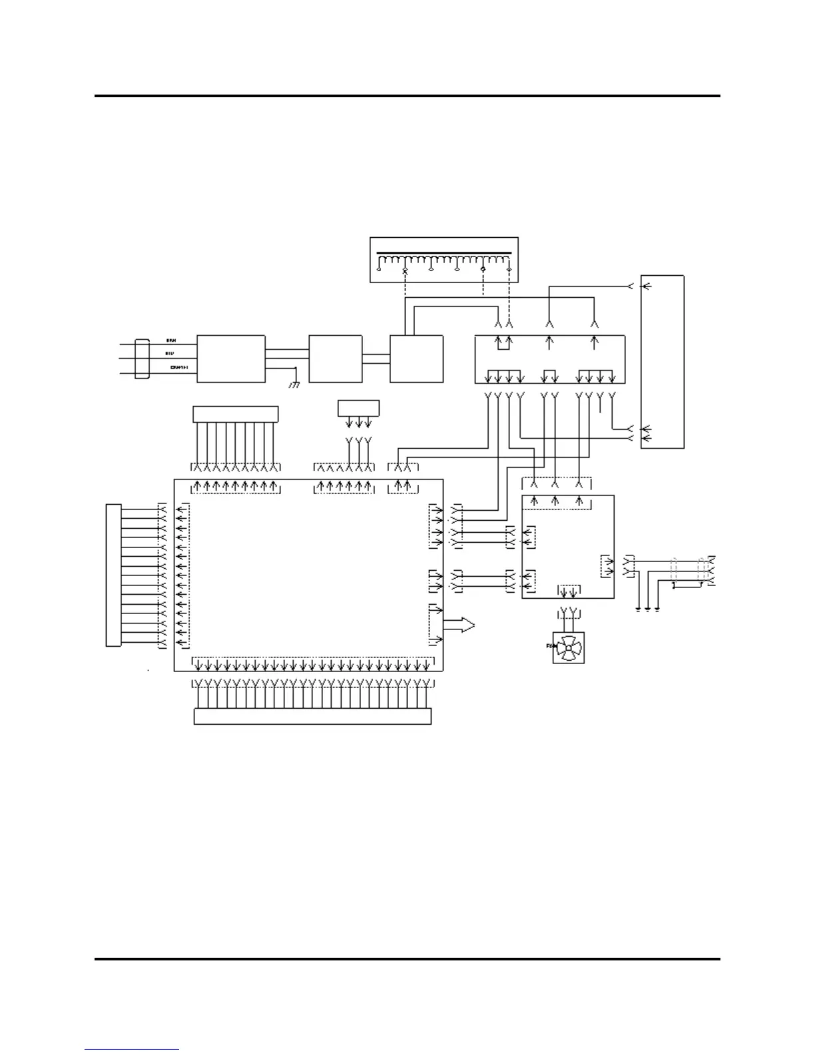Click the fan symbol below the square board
pos(568,647)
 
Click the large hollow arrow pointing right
pos(459,625)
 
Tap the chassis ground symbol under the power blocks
pos(294,384)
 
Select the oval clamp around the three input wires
pos(142,359)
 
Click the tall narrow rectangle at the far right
pos(662,361)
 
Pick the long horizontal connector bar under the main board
pos(312,717)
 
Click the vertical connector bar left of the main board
pos(113,575)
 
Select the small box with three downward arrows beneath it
pos(358,408)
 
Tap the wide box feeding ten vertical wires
pos(235,414)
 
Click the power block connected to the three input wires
pos(230,359)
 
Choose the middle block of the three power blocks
pos(336,359)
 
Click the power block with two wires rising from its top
pos(416,359)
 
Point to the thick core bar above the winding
pos(444,254)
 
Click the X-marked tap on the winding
pos(405,271)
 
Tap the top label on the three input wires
pos(170,341)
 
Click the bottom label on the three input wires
pos(178,367)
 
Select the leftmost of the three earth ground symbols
pos(639,609)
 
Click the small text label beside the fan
pos(549,645)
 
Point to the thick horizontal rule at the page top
pos(407,96)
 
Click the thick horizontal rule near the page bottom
pos(407,959)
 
